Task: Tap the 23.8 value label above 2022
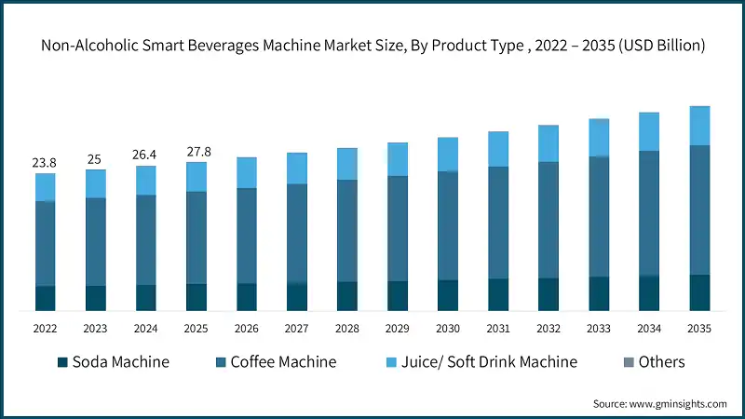(44, 163)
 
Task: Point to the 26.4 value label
(144, 155)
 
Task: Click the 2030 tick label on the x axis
(447, 328)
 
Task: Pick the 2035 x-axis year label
(698, 328)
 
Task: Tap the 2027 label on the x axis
(296, 328)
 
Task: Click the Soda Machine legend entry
(113, 362)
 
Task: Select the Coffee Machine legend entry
(274, 362)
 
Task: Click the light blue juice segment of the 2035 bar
(698, 126)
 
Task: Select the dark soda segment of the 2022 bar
(45, 298)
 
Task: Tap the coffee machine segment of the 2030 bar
(447, 225)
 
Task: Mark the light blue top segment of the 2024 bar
(145, 181)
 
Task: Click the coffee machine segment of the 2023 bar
(95, 241)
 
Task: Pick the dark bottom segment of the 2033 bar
(598, 293)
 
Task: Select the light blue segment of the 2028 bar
(346, 164)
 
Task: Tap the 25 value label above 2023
(94, 159)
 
